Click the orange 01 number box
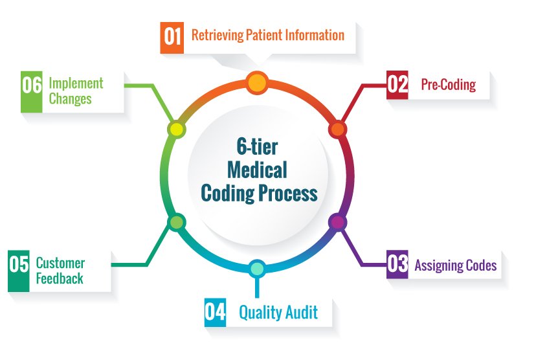point(172,38)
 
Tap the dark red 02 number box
point(397,85)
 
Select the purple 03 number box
point(397,264)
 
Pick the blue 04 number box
point(216,312)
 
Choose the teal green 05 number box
point(19,271)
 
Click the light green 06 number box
point(32,92)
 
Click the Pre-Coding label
point(448,84)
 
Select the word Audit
point(302,312)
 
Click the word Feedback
point(60,278)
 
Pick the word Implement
point(76,84)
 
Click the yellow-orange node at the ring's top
point(257,83)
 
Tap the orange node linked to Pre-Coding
point(337,129)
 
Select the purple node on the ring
point(337,222)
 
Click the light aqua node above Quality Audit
point(257,269)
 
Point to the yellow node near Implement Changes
point(177,129)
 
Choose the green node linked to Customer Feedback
point(177,222)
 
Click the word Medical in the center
point(257,170)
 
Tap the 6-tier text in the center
point(257,146)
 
